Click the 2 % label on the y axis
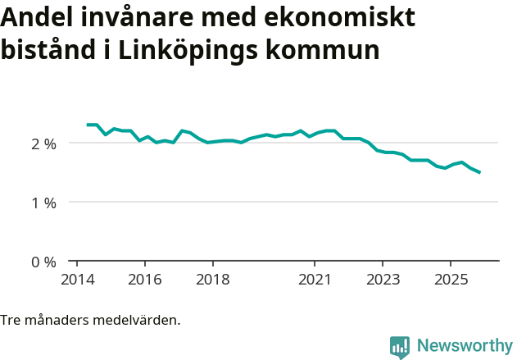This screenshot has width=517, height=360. (43, 144)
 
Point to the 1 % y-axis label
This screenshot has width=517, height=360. (43, 203)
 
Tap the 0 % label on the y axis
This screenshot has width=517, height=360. (43, 262)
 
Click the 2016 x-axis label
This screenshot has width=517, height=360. (144, 280)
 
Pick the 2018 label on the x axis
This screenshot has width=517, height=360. (212, 280)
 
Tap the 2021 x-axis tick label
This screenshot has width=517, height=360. (315, 280)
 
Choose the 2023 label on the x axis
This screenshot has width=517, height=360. (383, 280)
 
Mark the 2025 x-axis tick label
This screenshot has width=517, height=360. (451, 280)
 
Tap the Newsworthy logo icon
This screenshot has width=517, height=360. (400, 346)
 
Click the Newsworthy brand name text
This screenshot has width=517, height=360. (464, 345)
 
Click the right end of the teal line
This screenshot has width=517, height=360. (479, 172)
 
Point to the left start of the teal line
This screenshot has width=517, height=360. (88, 125)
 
